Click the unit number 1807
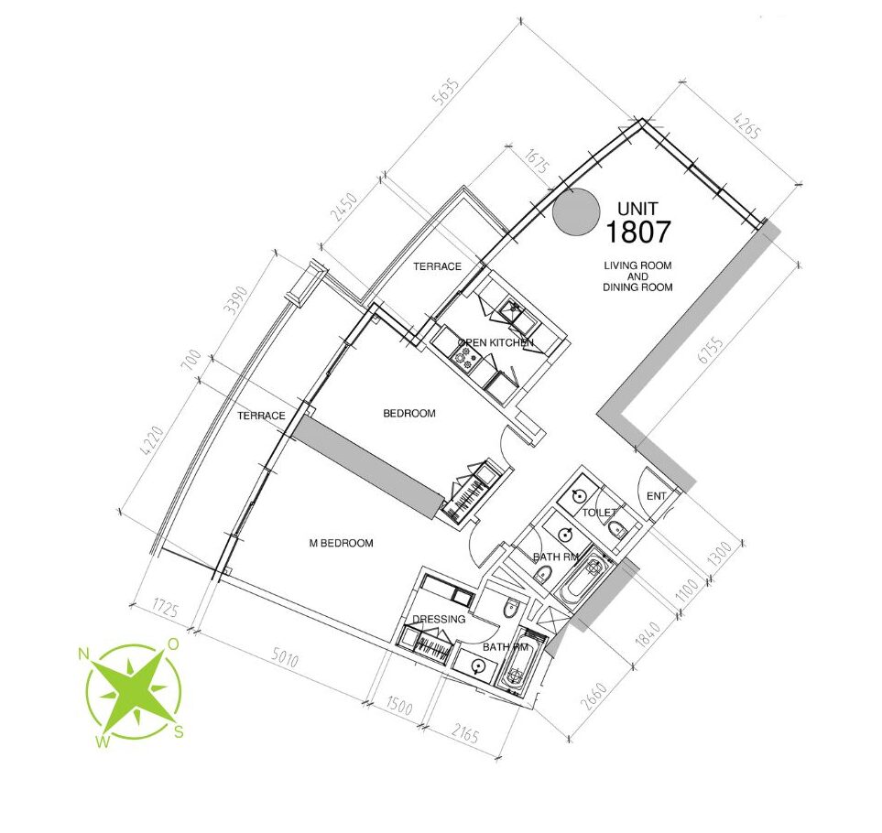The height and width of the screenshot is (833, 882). click(637, 232)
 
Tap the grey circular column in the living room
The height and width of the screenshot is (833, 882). click(575, 211)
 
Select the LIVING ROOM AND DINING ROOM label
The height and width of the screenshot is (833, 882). click(637, 276)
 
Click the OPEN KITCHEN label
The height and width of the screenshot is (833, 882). click(495, 342)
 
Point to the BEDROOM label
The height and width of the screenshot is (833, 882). click(408, 414)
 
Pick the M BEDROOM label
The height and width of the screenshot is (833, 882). click(342, 543)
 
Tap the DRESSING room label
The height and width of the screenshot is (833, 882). click(439, 620)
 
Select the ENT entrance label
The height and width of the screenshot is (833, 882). click(657, 496)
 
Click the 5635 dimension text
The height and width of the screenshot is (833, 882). click(445, 91)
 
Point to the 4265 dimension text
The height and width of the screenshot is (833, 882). click(747, 126)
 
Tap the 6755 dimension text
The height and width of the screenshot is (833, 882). click(711, 349)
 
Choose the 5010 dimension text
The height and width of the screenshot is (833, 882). click(285, 658)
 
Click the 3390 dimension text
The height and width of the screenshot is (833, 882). click(235, 300)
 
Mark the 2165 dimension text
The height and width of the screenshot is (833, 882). click(465, 733)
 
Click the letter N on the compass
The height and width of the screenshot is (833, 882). click(84, 654)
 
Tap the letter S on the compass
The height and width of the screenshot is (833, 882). click(179, 731)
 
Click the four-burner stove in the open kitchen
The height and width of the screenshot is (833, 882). click(464, 358)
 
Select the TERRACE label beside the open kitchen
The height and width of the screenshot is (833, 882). click(437, 266)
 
